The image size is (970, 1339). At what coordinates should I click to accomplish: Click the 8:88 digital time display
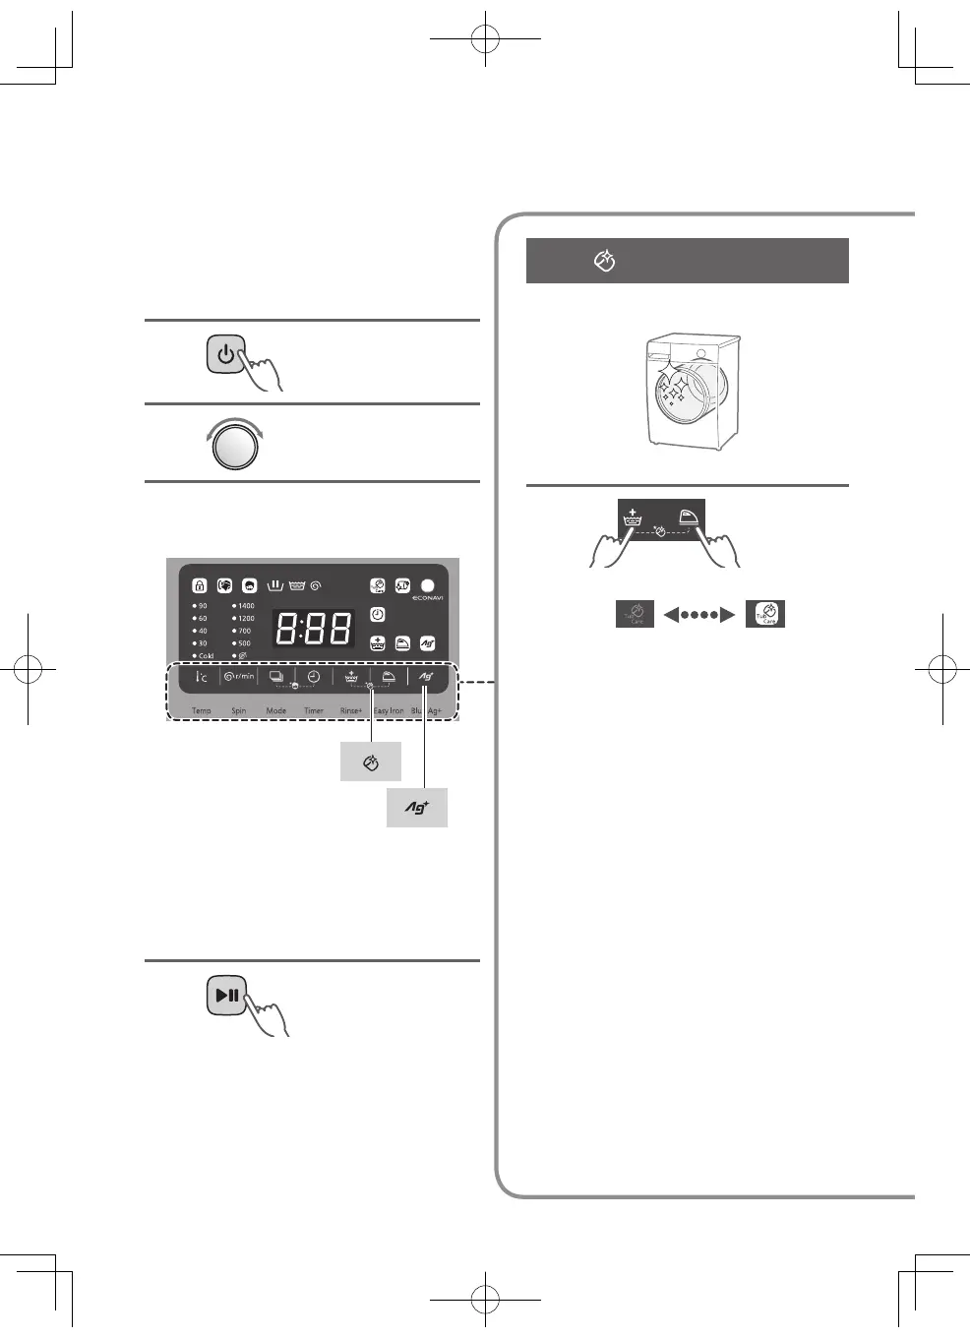(x=314, y=629)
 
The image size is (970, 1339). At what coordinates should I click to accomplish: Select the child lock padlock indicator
(x=200, y=585)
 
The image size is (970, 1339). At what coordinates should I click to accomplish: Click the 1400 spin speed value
(x=245, y=606)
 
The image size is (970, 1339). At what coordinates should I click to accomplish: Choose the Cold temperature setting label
(x=205, y=656)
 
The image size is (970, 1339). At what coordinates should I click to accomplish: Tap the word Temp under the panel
(x=202, y=710)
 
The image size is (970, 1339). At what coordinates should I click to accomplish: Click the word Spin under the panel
(x=239, y=710)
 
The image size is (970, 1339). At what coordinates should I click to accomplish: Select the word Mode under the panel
(x=276, y=710)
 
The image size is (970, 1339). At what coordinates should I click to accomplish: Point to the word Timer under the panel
(x=314, y=710)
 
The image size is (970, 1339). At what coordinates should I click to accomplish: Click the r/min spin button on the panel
(x=239, y=677)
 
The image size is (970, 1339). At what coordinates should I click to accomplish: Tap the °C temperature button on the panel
(x=202, y=677)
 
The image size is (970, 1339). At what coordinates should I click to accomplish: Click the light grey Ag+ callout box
(x=417, y=808)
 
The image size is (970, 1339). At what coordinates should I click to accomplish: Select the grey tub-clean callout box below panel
(x=371, y=762)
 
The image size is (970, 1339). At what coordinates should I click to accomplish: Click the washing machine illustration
(x=693, y=391)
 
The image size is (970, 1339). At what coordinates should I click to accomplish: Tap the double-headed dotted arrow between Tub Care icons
(x=699, y=615)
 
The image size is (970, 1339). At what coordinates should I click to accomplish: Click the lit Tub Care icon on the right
(x=765, y=614)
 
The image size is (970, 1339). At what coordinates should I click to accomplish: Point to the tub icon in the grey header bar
(x=605, y=261)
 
